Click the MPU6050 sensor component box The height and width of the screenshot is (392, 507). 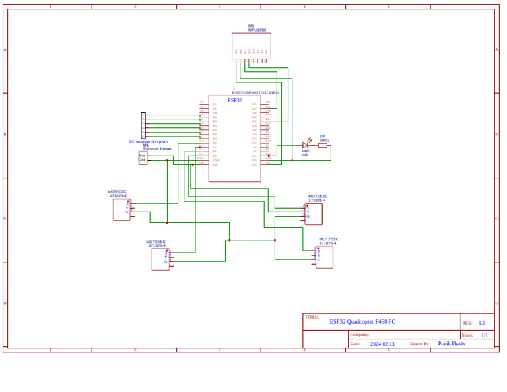pyautogui.click(x=251, y=46)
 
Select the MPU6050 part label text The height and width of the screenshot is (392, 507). pyautogui.click(x=257, y=30)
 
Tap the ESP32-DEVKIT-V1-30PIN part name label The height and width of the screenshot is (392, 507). pyautogui.click(x=255, y=93)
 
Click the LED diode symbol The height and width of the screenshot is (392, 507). pyautogui.click(x=306, y=145)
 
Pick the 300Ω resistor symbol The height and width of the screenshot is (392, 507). pyautogui.click(x=323, y=145)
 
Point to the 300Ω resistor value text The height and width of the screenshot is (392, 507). pyautogui.click(x=324, y=140)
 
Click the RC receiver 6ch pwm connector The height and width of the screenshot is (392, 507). pyautogui.click(x=143, y=125)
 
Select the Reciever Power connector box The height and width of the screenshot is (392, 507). pyautogui.click(x=143, y=158)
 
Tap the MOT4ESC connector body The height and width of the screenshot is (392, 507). pyautogui.click(x=121, y=210)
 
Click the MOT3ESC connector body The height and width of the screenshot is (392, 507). pyautogui.click(x=160, y=259)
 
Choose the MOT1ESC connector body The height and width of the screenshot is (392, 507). pyautogui.click(x=314, y=214)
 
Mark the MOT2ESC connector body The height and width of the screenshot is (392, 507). pyautogui.click(x=324, y=257)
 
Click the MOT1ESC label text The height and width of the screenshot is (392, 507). pyautogui.click(x=318, y=196)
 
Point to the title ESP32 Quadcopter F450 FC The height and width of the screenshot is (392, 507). pyautogui.click(x=362, y=322)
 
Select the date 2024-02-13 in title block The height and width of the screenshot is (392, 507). pyautogui.click(x=382, y=344)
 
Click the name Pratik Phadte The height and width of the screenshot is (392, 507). pyautogui.click(x=452, y=344)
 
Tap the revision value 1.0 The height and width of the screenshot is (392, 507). pyautogui.click(x=482, y=323)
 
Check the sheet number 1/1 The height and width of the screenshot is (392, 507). pyautogui.click(x=485, y=335)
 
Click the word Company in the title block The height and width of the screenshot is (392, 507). pyautogui.click(x=359, y=335)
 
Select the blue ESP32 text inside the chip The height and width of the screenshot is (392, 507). pyautogui.click(x=234, y=100)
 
